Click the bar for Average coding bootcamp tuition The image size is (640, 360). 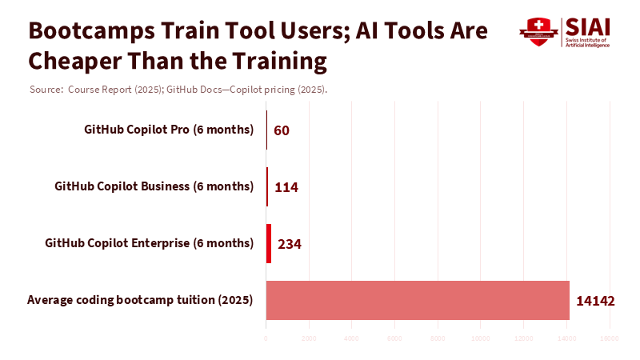(x=417, y=300)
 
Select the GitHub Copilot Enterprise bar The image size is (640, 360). (x=269, y=243)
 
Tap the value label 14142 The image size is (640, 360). (x=595, y=301)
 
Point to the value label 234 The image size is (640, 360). (x=289, y=243)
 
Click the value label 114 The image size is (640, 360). (x=286, y=187)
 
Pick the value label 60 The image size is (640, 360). (x=282, y=130)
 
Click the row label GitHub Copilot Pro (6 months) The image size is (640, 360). (x=169, y=130)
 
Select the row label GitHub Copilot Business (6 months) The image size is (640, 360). (x=154, y=186)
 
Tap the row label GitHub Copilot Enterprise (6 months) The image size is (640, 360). (x=149, y=242)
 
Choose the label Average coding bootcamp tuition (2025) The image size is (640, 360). (x=140, y=300)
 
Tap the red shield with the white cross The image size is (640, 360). (x=538, y=32)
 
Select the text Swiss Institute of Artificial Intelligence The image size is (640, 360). (x=588, y=42)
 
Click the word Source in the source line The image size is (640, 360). (x=46, y=89)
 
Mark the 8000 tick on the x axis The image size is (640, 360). (x=438, y=338)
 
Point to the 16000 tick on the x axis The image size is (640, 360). (x=610, y=338)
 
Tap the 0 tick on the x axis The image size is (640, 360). (x=266, y=338)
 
